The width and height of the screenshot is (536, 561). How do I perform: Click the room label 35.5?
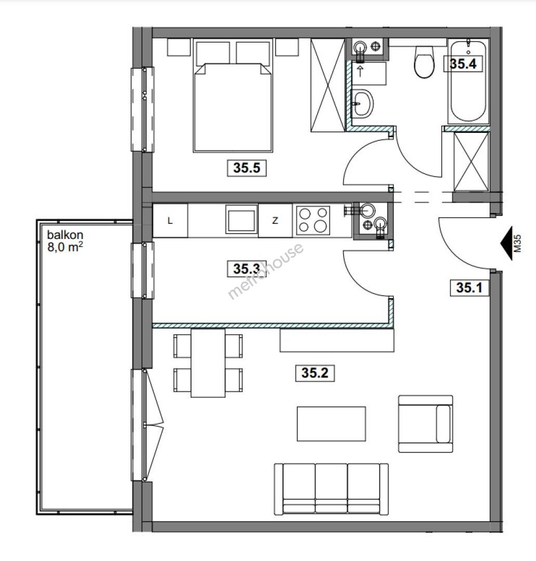(247, 168)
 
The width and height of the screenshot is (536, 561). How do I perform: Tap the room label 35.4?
(463, 64)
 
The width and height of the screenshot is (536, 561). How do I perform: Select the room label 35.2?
(315, 373)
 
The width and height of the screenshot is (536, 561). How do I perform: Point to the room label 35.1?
(469, 288)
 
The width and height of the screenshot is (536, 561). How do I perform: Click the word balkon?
(65, 235)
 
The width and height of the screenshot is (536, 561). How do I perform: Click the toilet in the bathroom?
(424, 61)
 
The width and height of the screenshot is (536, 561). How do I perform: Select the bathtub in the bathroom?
(468, 82)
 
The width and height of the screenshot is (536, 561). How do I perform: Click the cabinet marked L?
(170, 221)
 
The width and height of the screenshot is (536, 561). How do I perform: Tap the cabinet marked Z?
(275, 221)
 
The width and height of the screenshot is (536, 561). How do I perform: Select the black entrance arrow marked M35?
(506, 243)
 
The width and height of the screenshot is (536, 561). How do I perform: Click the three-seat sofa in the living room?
(331, 489)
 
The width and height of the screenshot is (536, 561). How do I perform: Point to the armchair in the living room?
(426, 424)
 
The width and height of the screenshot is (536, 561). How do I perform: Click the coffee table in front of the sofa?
(331, 424)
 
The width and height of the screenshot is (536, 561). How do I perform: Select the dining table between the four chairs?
(208, 363)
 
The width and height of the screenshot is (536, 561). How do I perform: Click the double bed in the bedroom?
(233, 96)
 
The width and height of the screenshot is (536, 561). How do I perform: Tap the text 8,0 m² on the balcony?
(65, 247)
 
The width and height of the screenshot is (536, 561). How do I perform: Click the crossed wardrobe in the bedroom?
(328, 85)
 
